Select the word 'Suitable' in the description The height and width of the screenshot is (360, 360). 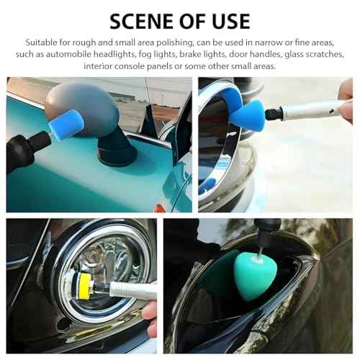[x=42, y=43]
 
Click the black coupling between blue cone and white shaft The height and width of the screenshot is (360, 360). [x=274, y=112]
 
